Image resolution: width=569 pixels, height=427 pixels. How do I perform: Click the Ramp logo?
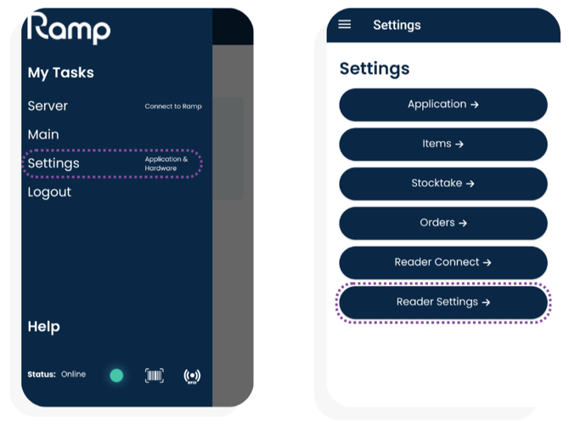click(x=69, y=28)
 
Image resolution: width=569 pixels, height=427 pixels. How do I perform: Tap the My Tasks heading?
click(x=60, y=72)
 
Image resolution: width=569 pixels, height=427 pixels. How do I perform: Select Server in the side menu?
click(x=48, y=105)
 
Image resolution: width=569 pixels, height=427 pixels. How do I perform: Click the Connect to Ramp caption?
click(x=173, y=106)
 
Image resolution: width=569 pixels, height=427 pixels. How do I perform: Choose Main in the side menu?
click(x=43, y=134)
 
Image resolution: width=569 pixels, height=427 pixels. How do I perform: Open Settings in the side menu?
click(x=54, y=163)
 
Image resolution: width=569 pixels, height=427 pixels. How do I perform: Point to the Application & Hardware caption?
click(x=166, y=163)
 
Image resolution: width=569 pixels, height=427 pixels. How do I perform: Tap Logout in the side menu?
click(x=49, y=192)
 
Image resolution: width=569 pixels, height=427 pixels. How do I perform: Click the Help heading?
click(x=44, y=327)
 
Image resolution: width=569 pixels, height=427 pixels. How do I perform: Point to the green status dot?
click(x=116, y=375)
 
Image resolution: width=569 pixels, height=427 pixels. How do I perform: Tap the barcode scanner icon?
click(x=155, y=375)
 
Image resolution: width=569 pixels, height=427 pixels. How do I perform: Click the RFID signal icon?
click(x=192, y=376)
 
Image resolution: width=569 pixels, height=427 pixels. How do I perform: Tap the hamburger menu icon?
click(x=345, y=25)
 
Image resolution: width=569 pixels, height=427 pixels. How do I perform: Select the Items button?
click(x=443, y=144)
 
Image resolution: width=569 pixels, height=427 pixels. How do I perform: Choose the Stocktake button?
click(x=443, y=184)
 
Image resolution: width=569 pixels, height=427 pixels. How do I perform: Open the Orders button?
click(x=443, y=223)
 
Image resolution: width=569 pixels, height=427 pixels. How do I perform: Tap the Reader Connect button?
click(x=443, y=262)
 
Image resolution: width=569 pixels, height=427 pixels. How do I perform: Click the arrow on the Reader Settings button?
click(x=486, y=302)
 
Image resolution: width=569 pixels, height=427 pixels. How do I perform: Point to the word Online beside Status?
click(x=73, y=374)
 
